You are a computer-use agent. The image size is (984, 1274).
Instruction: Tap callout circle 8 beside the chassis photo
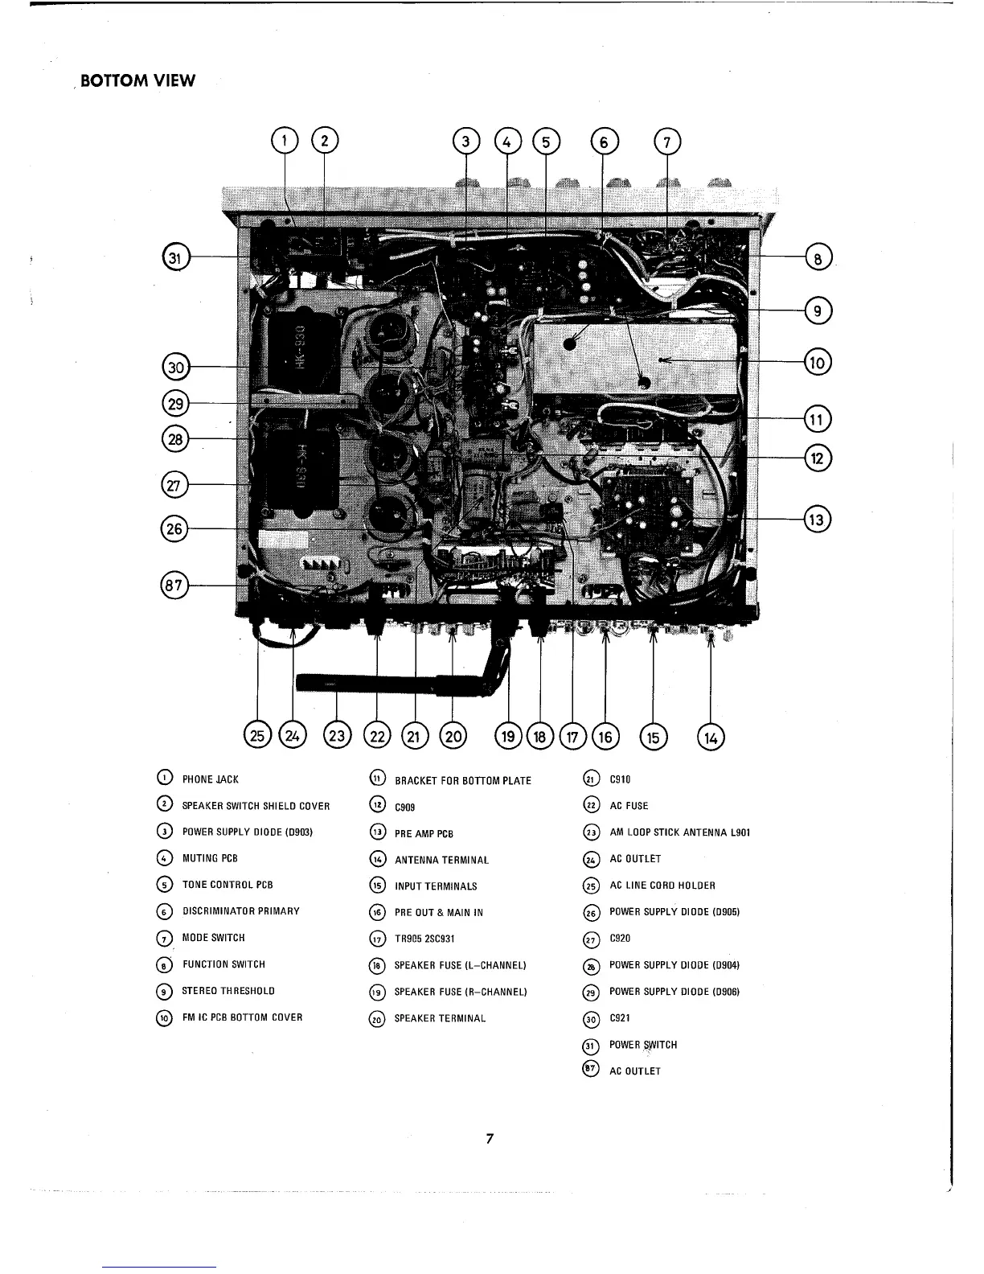[x=818, y=258]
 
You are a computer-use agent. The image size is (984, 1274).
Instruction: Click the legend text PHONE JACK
[x=210, y=779]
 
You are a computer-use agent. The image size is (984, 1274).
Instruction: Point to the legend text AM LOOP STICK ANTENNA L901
[x=679, y=832]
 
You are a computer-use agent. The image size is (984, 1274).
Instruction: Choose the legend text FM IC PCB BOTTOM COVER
[x=242, y=1017]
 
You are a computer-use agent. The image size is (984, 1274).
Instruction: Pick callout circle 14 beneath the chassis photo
[x=711, y=737]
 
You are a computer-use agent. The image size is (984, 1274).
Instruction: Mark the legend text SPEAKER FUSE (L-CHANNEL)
[x=460, y=965]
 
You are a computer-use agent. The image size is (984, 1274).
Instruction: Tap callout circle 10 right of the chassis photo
[x=818, y=362]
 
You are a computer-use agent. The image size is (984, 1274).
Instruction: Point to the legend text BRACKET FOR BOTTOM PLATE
[x=463, y=781]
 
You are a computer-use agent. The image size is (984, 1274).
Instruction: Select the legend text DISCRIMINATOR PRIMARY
[x=240, y=911]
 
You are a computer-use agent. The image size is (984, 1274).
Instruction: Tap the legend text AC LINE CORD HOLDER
[x=662, y=886]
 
